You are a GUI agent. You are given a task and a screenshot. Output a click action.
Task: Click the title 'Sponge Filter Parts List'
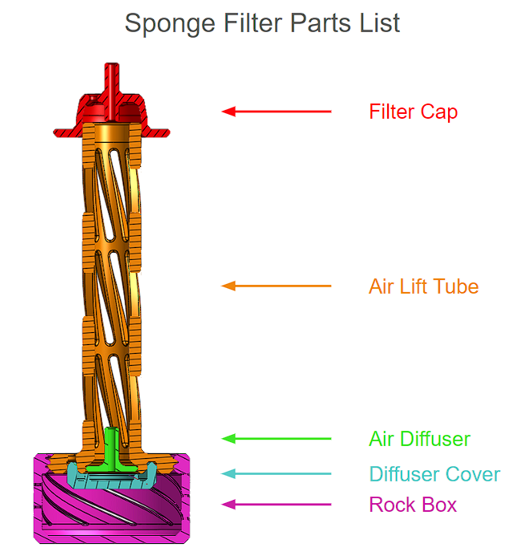pyautogui.click(x=262, y=23)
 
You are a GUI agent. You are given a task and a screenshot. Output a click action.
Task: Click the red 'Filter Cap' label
pyautogui.click(x=413, y=112)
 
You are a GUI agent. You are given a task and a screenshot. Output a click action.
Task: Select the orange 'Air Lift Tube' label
pyautogui.click(x=423, y=286)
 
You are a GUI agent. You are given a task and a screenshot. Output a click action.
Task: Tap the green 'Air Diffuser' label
pyautogui.click(x=419, y=439)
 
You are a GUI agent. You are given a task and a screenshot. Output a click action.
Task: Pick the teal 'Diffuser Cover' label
pyautogui.click(x=434, y=474)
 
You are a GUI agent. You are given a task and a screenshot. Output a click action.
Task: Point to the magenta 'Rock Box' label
pyautogui.click(x=413, y=505)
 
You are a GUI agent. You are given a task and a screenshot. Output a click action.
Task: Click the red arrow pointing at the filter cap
pyautogui.click(x=277, y=112)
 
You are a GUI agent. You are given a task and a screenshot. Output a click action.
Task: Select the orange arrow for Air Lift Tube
pyautogui.click(x=277, y=286)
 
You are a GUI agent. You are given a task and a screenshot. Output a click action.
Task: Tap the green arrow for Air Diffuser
pyautogui.click(x=277, y=439)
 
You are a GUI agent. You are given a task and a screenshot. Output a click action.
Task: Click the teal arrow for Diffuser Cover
pyautogui.click(x=277, y=474)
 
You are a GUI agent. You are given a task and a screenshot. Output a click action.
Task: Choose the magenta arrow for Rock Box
pyautogui.click(x=277, y=505)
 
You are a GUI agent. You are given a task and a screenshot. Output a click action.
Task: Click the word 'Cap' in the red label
pyautogui.click(x=442, y=112)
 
